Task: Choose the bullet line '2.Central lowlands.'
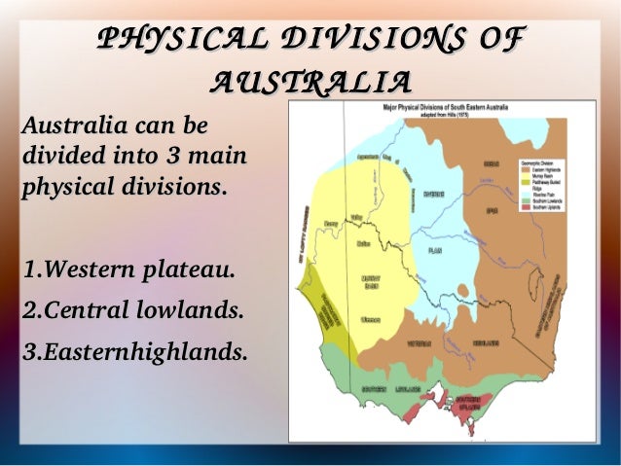coord(130,312)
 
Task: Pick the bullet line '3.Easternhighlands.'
coord(134,352)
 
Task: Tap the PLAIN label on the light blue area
coord(435,250)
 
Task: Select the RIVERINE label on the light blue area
coord(434,193)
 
